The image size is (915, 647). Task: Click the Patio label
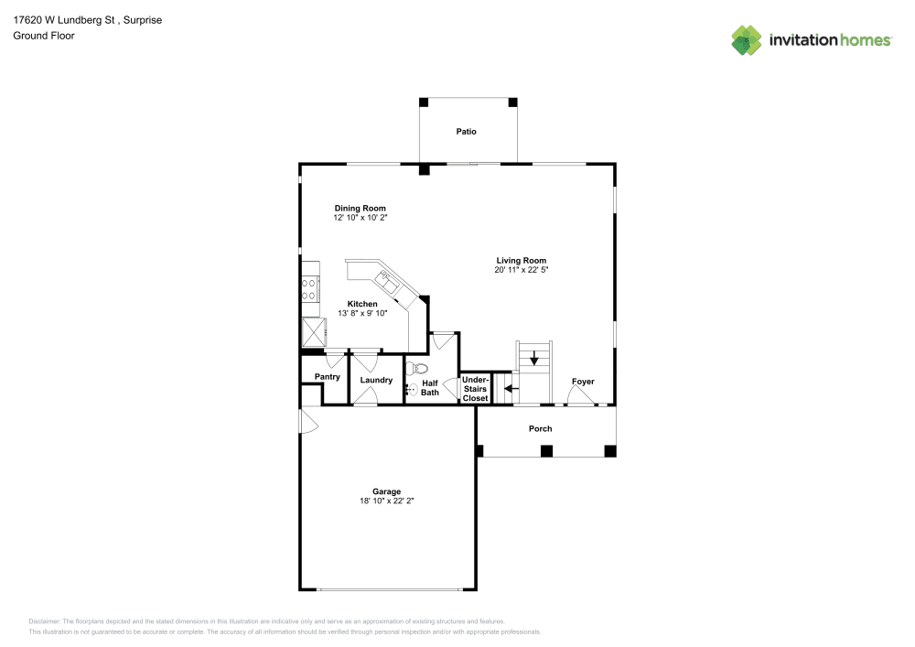coord(467,132)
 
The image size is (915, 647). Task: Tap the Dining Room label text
coord(360,209)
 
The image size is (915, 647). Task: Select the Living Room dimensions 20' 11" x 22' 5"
coord(521,271)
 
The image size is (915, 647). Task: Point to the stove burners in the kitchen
coord(309,289)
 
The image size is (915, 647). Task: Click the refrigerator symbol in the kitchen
coord(314,330)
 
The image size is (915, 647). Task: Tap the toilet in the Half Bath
coord(419,369)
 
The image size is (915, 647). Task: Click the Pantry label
coord(327,377)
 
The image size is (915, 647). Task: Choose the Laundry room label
coord(376,380)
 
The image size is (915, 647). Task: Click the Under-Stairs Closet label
coord(475,389)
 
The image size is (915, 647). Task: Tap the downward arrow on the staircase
coord(534,359)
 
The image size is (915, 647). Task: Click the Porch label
coord(540,429)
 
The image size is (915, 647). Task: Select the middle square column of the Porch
coord(546,450)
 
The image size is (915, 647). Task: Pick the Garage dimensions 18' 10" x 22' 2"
coord(386,501)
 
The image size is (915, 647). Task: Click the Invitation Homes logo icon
coord(746,39)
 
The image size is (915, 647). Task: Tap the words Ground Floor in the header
coord(44,36)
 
